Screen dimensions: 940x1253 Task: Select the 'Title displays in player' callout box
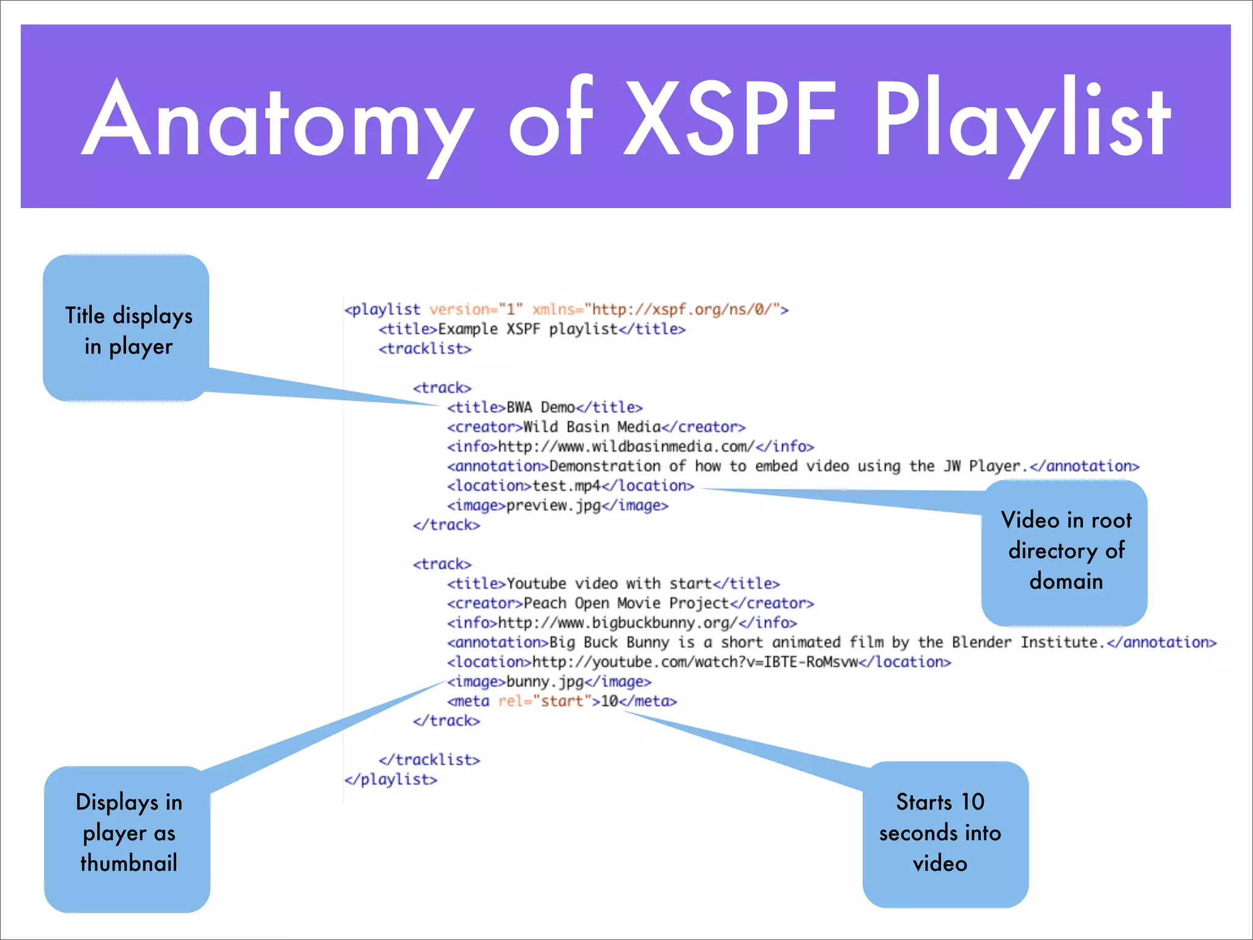tap(127, 329)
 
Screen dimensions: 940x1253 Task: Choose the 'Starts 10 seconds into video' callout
tap(945, 834)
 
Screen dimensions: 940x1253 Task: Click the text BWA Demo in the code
tap(540, 408)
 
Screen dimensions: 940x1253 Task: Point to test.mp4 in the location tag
tap(567, 486)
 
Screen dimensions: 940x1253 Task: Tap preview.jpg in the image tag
tap(553, 505)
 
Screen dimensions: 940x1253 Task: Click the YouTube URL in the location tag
tap(695, 662)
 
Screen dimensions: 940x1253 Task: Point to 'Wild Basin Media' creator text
tap(592, 427)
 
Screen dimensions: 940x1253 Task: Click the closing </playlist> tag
tap(391, 780)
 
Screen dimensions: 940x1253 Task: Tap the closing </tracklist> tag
tap(429, 760)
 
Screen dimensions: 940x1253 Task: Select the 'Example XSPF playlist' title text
tap(528, 329)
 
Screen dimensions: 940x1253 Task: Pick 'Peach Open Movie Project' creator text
tap(626, 603)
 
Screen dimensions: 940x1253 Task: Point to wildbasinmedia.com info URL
tap(626, 447)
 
